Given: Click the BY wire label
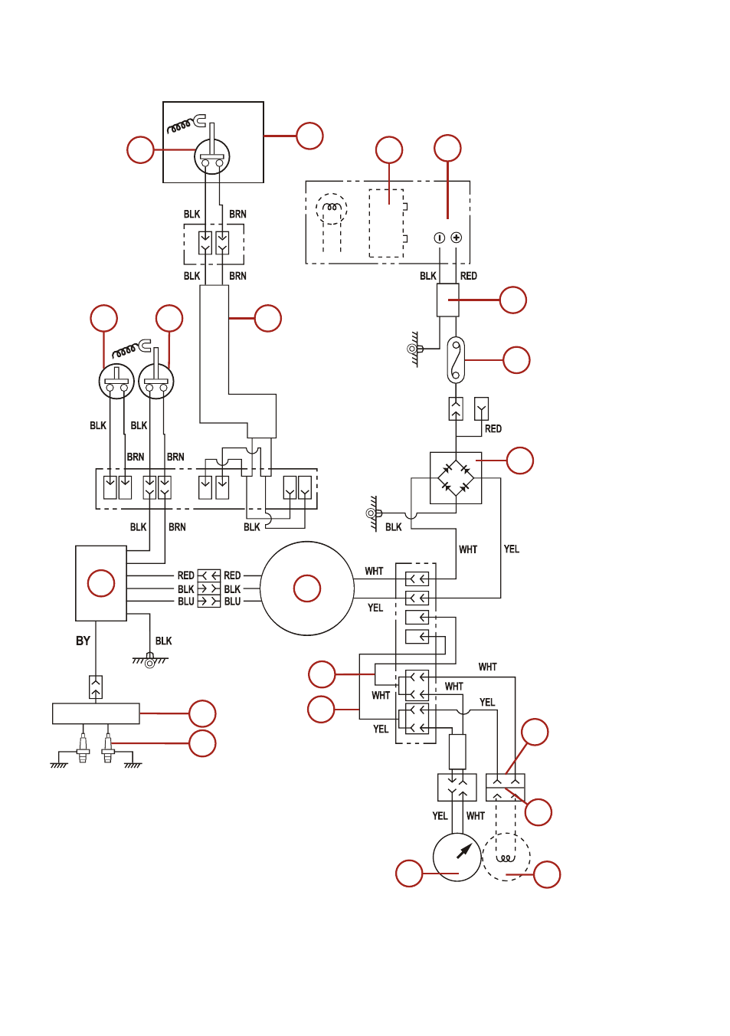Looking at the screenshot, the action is (83, 641).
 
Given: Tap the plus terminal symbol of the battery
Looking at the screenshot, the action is (457, 238).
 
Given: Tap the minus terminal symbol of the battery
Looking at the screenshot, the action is (439, 238).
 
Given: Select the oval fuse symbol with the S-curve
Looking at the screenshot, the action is (456, 360).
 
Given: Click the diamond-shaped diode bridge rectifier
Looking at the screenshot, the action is (456, 478).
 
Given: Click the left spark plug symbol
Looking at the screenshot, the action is (83, 748).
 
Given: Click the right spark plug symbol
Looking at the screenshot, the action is (108, 748).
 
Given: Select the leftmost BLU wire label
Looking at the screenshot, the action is (186, 602).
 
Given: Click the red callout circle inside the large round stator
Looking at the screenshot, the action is (307, 588).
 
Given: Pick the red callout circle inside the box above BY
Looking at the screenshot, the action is (101, 583).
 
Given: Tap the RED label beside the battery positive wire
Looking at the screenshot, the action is (468, 276).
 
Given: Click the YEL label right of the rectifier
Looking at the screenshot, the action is (512, 549).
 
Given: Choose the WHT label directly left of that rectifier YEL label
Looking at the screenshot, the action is (468, 549).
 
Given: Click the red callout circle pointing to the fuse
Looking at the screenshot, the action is (516, 360).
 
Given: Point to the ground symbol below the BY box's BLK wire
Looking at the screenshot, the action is (150, 661).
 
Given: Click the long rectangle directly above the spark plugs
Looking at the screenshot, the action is (96, 713).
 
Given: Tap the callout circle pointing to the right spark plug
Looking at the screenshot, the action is (202, 743).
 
